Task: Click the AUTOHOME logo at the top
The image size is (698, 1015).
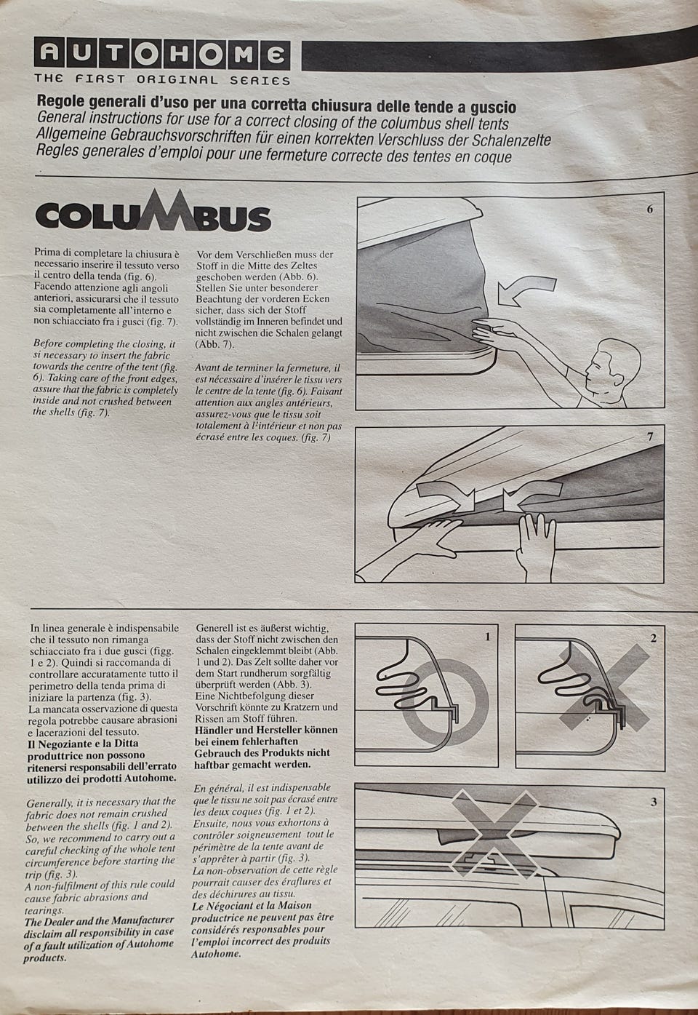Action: pyautogui.click(x=162, y=54)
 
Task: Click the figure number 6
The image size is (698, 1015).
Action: pyautogui.click(x=650, y=210)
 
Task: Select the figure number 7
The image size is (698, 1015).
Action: pyautogui.click(x=650, y=437)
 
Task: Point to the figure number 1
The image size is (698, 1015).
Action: pyautogui.click(x=488, y=637)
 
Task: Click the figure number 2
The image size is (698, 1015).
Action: pyautogui.click(x=653, y=638)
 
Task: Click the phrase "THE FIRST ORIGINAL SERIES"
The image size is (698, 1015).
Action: pyautogui.click(x=162, y=80)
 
